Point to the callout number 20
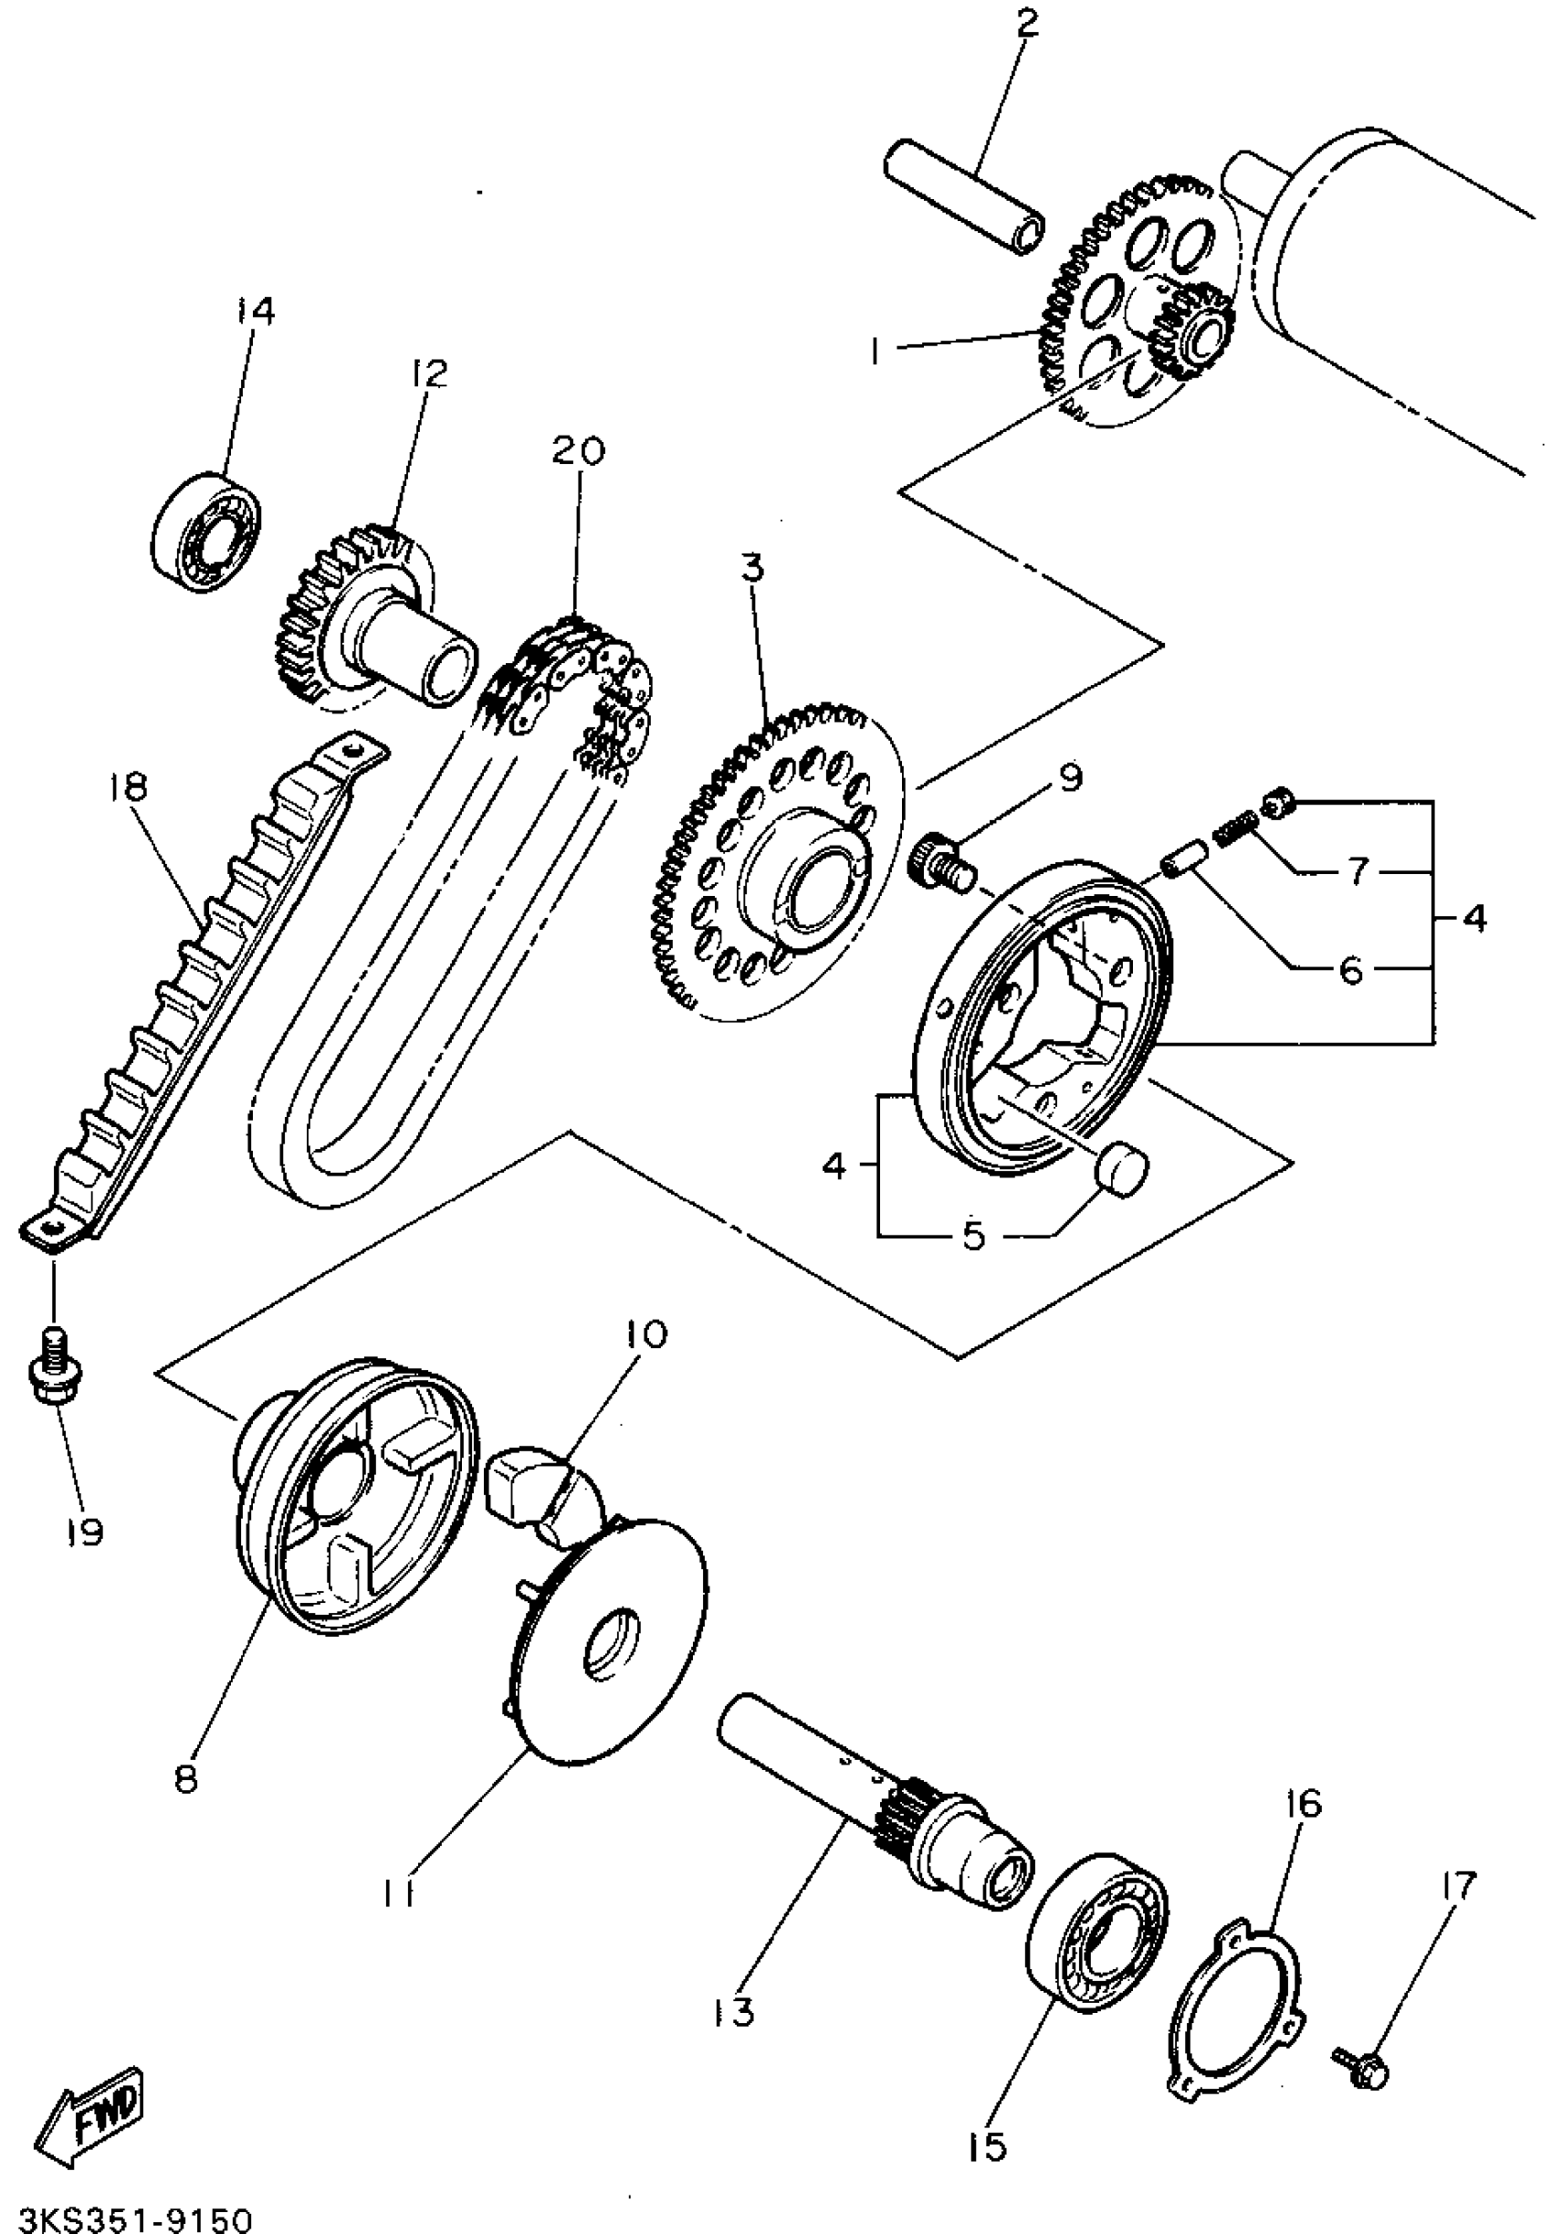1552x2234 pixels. (x=579, y=450)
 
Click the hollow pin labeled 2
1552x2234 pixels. (x=964, y=197)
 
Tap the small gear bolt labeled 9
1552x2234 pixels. (x=938, y=860)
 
